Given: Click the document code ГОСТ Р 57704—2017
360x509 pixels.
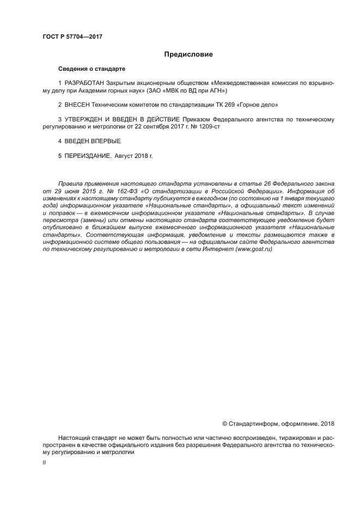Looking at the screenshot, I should pyautogui.click(x=72, y=36).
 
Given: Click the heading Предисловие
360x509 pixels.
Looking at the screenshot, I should pyautogui.click(x=188, y=54).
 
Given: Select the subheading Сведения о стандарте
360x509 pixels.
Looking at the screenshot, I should pyautogui.click(x=91, y=70).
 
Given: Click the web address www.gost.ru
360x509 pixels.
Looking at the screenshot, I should pyautogui.click(x=253, y=248).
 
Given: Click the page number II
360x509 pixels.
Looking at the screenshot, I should pyautogui.click(x=45, y=461).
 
